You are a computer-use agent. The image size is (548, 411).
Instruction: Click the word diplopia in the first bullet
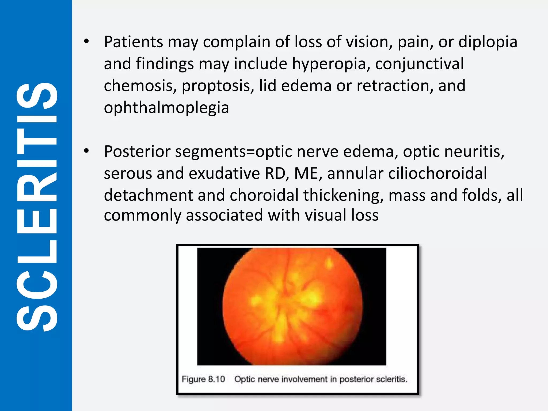488,42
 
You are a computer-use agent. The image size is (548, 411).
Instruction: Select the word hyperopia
331,64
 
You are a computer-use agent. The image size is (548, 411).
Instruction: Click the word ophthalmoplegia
166,108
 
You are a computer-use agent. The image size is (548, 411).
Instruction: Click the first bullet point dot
86,41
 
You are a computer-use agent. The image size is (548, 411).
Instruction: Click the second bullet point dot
86,151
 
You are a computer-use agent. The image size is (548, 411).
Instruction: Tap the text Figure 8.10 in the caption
203,379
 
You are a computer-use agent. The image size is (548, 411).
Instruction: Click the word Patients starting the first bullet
133,42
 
